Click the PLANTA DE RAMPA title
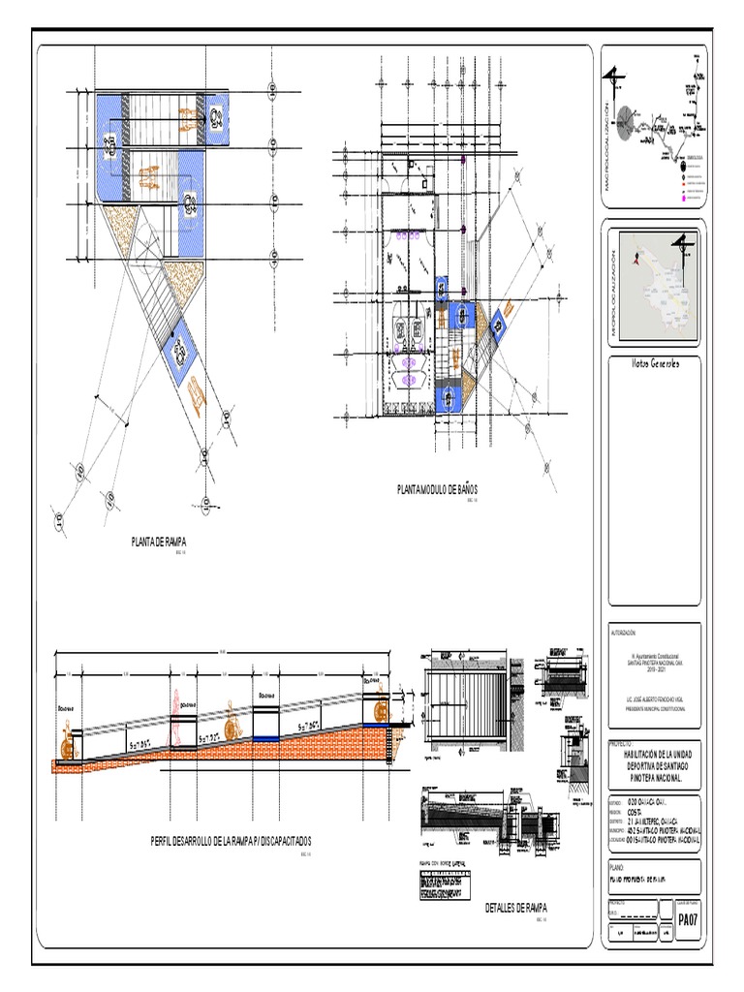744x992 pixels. [x=159, y=542]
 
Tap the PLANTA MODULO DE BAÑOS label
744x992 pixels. [x=438, y=490]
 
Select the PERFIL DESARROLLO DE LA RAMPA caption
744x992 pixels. [x=231, y=842]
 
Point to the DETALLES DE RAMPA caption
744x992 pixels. [x=516, y=908]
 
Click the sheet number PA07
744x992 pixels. [x=688, y=918]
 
